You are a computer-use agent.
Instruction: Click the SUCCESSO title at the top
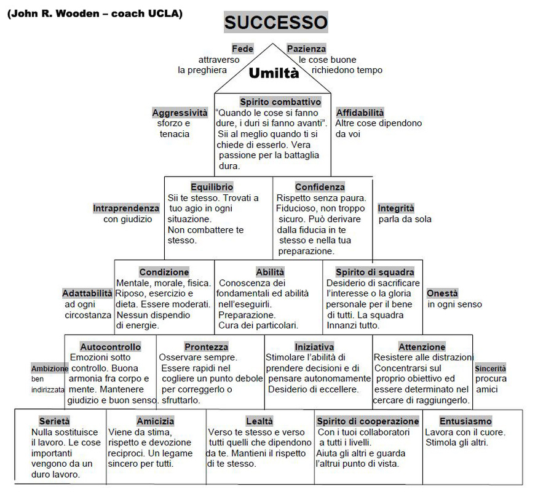pyautogui.click(x=275, y=23)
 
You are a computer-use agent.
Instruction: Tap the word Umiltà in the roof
pyautogui.click(x=274, y=73)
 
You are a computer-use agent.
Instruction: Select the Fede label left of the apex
pyautogui.click(x=243, y=49)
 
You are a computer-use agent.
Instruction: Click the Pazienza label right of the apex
pyautogui.click(x=306, y=49)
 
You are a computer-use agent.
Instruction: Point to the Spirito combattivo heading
pyautogui.click(x=280, y=102)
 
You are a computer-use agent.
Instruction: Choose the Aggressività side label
pyautogui.click(x=180, y=113)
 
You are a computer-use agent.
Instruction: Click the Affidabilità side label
pyautogui.click(x=360, y=113)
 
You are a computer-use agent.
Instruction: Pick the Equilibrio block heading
pyautogui.click(x=212, y=186)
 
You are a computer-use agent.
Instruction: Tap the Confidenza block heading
pyautogui.click(x=320, y=186)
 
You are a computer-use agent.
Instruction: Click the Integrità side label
pyautogui.click(x=396, y=208)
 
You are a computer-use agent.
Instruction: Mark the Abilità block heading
pyautogui.click(x=270, y=272)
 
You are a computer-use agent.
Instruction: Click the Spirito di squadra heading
pyautogui.click(x=374, y=272)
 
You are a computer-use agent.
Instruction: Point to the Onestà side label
pyautogui.click(x=442, y=293)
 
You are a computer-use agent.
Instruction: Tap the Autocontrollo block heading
pyautogui.click(x=110, y=347)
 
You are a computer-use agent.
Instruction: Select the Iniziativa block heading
pyautogui.click(x=314, y=347)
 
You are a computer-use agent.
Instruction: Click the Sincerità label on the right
pyautogui.click(x=490, y=368)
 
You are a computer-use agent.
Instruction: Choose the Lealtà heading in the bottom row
pyautogui.click(x=259, y=421)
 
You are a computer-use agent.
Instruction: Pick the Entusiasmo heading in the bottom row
pyautogui.click(x=465, y=421)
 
